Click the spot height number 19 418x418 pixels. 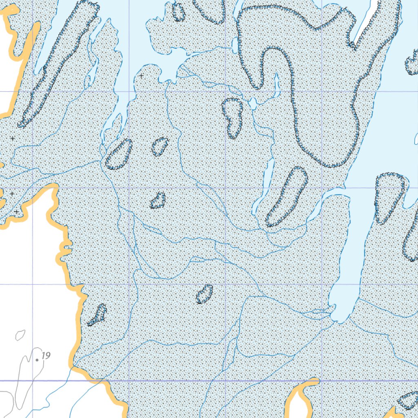pyautogui.click(x=46, y=356)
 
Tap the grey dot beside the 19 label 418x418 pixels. pyautogui.click(x=37, y=360)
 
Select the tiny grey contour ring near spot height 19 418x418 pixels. pyautogui.click(x=20, y=335)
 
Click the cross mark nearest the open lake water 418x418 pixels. pyautogui.click(x=141, y=76)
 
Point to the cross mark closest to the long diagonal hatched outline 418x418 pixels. pyautogui.click(x=12, y=138)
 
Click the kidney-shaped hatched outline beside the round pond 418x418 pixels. pyautogui.click(x=233, y=118)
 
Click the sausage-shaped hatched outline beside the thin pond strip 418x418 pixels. pyautogui.click(x=287, y=196)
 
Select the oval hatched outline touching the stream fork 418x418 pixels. pyautogui.click(x=119, y=154)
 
